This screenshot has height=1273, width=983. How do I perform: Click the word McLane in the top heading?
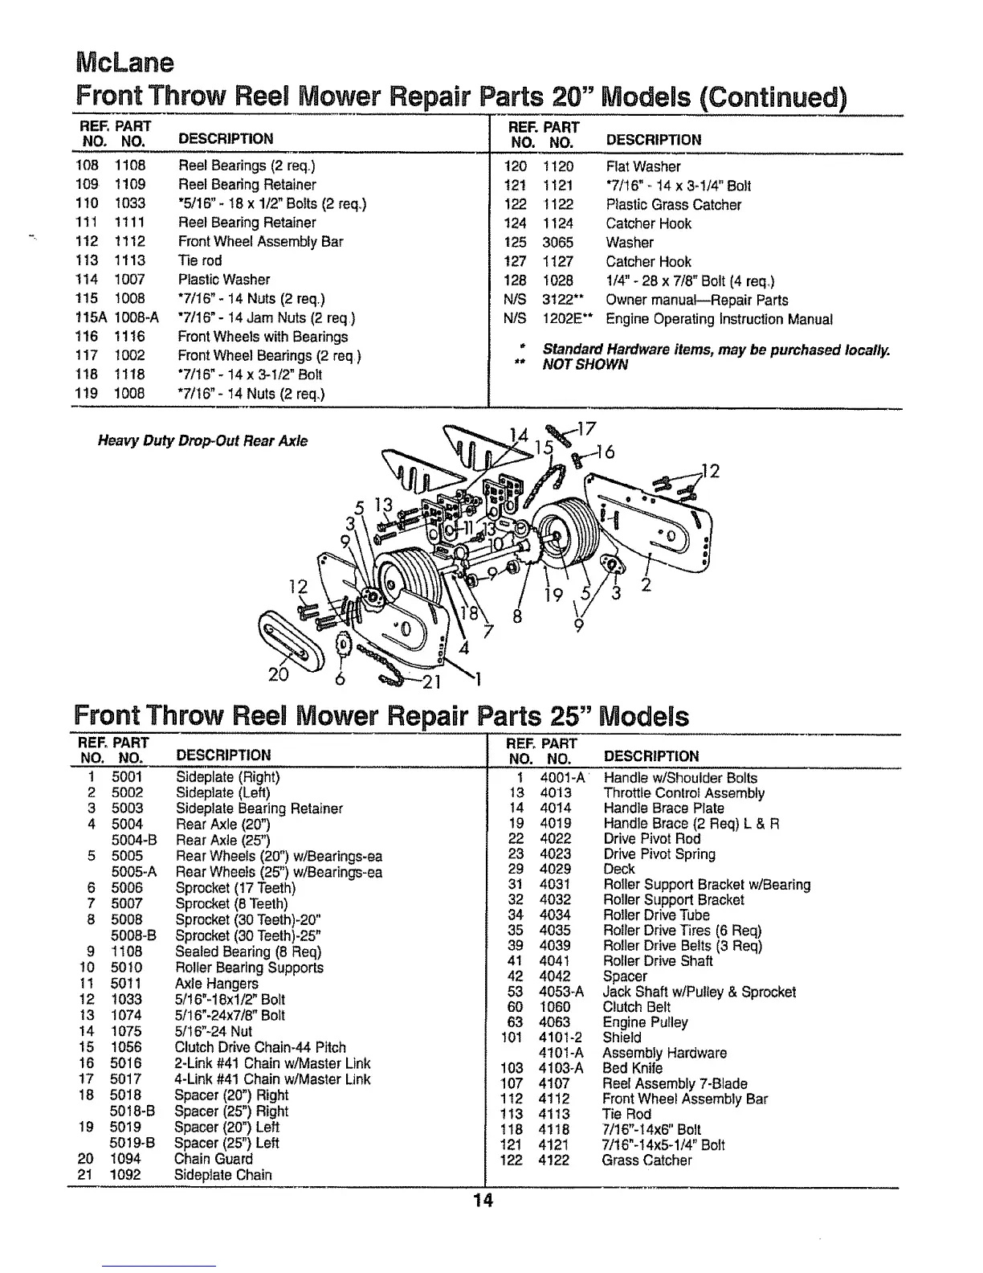tap(124, 62)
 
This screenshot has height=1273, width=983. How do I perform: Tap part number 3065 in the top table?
tap(557, 243)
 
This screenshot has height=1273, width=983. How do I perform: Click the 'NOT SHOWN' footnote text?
tap(585, 365)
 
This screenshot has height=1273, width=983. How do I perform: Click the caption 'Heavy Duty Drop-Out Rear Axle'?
tap(202, 441)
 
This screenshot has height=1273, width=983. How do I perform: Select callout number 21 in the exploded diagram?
tap(432, 683)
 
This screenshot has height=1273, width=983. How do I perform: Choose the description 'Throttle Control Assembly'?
tap(683, 793)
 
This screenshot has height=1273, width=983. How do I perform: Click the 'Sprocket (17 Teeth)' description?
tap(235, 888)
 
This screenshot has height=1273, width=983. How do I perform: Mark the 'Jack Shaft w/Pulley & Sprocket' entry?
tap(699, 993)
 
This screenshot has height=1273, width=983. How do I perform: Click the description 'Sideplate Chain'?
tap(222, 1175)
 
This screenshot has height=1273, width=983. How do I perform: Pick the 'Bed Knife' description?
tap(632, 1069)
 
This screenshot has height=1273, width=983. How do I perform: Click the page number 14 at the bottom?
tap(482, 1201)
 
